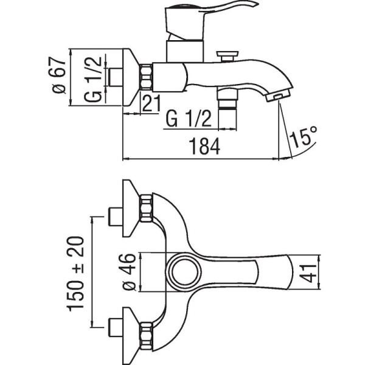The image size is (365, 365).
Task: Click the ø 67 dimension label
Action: coord(58,75)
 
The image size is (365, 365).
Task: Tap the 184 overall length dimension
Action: coord(204,147)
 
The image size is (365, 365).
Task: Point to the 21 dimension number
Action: coord(151,103)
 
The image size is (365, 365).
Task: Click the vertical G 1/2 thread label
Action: coord(93,79)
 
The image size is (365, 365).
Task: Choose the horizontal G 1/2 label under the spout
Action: coord(189,119)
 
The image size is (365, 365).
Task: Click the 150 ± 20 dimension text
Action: coord(75,274)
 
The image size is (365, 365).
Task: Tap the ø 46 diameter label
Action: coord(129,272)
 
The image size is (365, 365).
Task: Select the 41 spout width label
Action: coord(308,273)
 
